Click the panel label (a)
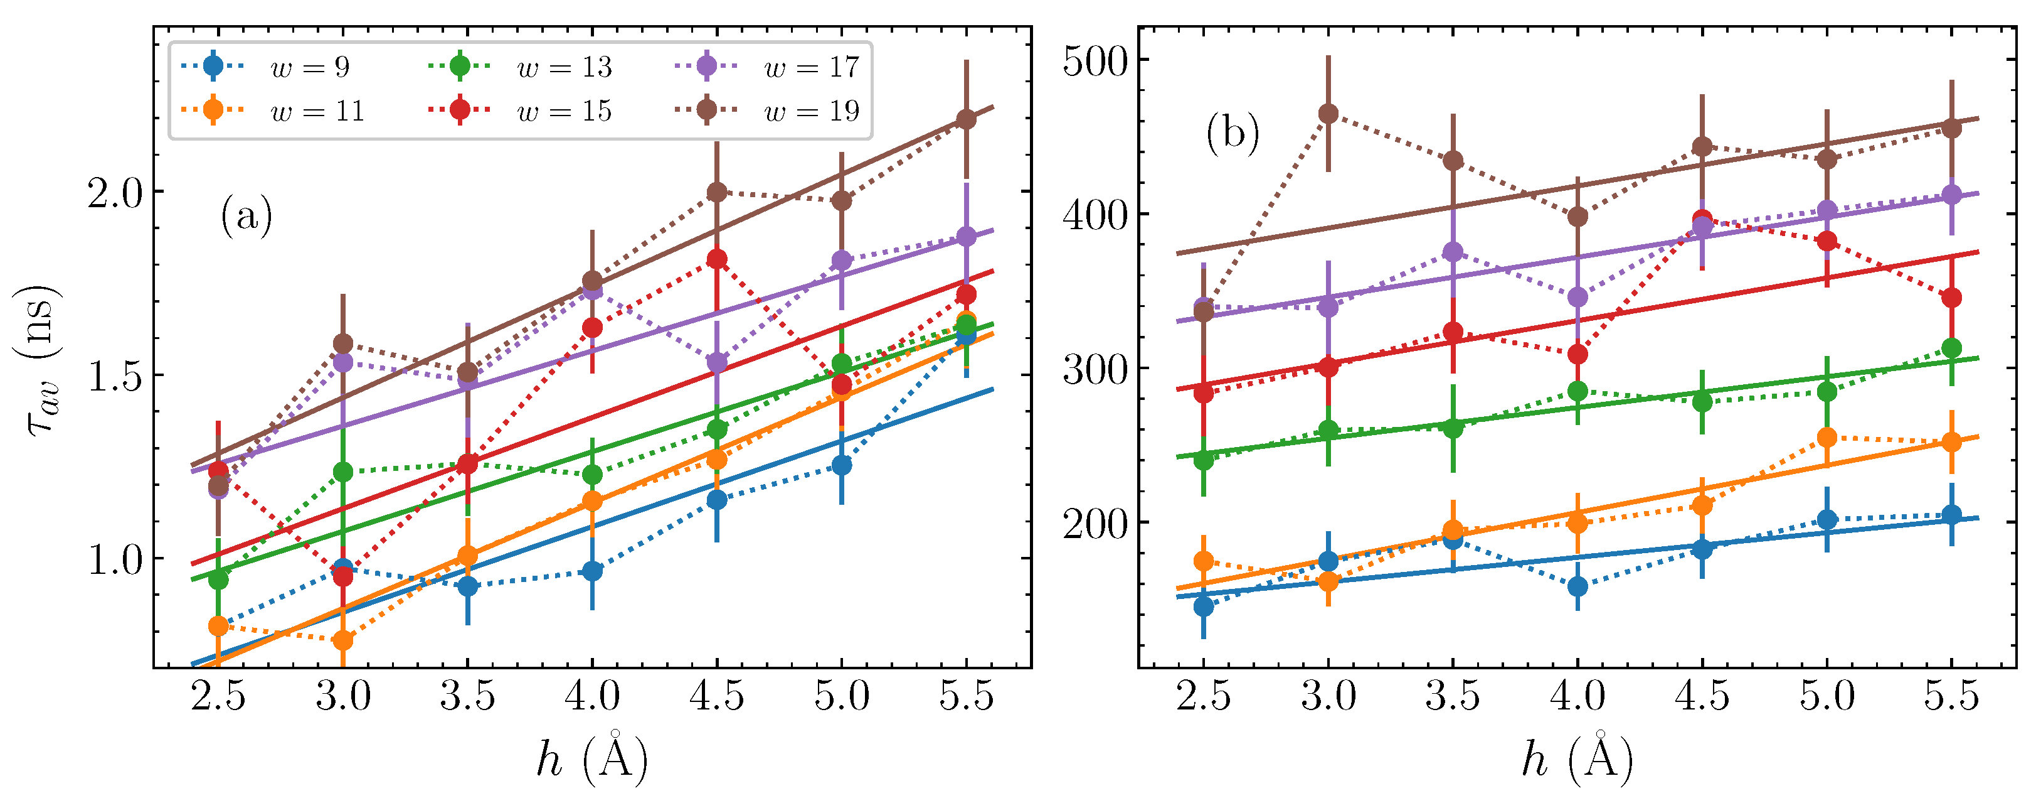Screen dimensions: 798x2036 point(247,215)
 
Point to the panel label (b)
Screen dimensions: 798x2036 point(1232,133)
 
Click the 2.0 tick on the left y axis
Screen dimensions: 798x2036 point(115,192)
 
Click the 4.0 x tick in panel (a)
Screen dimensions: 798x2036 point(592,697)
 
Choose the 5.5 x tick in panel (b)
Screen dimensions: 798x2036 point(1951,697)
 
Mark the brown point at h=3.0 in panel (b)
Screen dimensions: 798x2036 point(1328,114)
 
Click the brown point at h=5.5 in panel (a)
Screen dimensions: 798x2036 point(966,119)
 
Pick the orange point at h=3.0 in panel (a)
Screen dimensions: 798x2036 point(343,639)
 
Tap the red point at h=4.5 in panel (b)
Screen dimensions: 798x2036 point(1702,219)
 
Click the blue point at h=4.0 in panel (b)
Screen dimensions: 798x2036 point(1577,586)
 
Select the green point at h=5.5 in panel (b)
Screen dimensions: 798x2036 point(1951,348)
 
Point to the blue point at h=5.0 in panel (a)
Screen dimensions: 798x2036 point(842,465)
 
